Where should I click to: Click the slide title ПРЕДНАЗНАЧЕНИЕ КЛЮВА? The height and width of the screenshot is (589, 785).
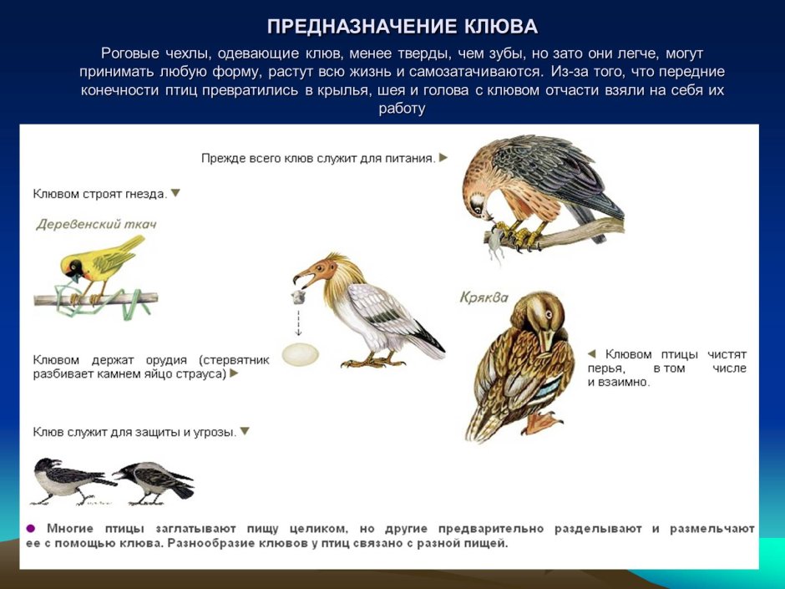402,26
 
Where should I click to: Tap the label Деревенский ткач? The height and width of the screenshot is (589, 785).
96,224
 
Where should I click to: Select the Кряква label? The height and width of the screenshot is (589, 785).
484,297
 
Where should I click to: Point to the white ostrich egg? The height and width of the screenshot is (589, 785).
300,353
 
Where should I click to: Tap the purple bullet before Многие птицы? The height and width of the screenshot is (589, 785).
31,529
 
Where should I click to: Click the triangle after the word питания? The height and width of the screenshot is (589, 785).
443,157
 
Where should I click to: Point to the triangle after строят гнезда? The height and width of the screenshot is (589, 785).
175,193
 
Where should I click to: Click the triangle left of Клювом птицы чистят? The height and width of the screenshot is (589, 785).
591,353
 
